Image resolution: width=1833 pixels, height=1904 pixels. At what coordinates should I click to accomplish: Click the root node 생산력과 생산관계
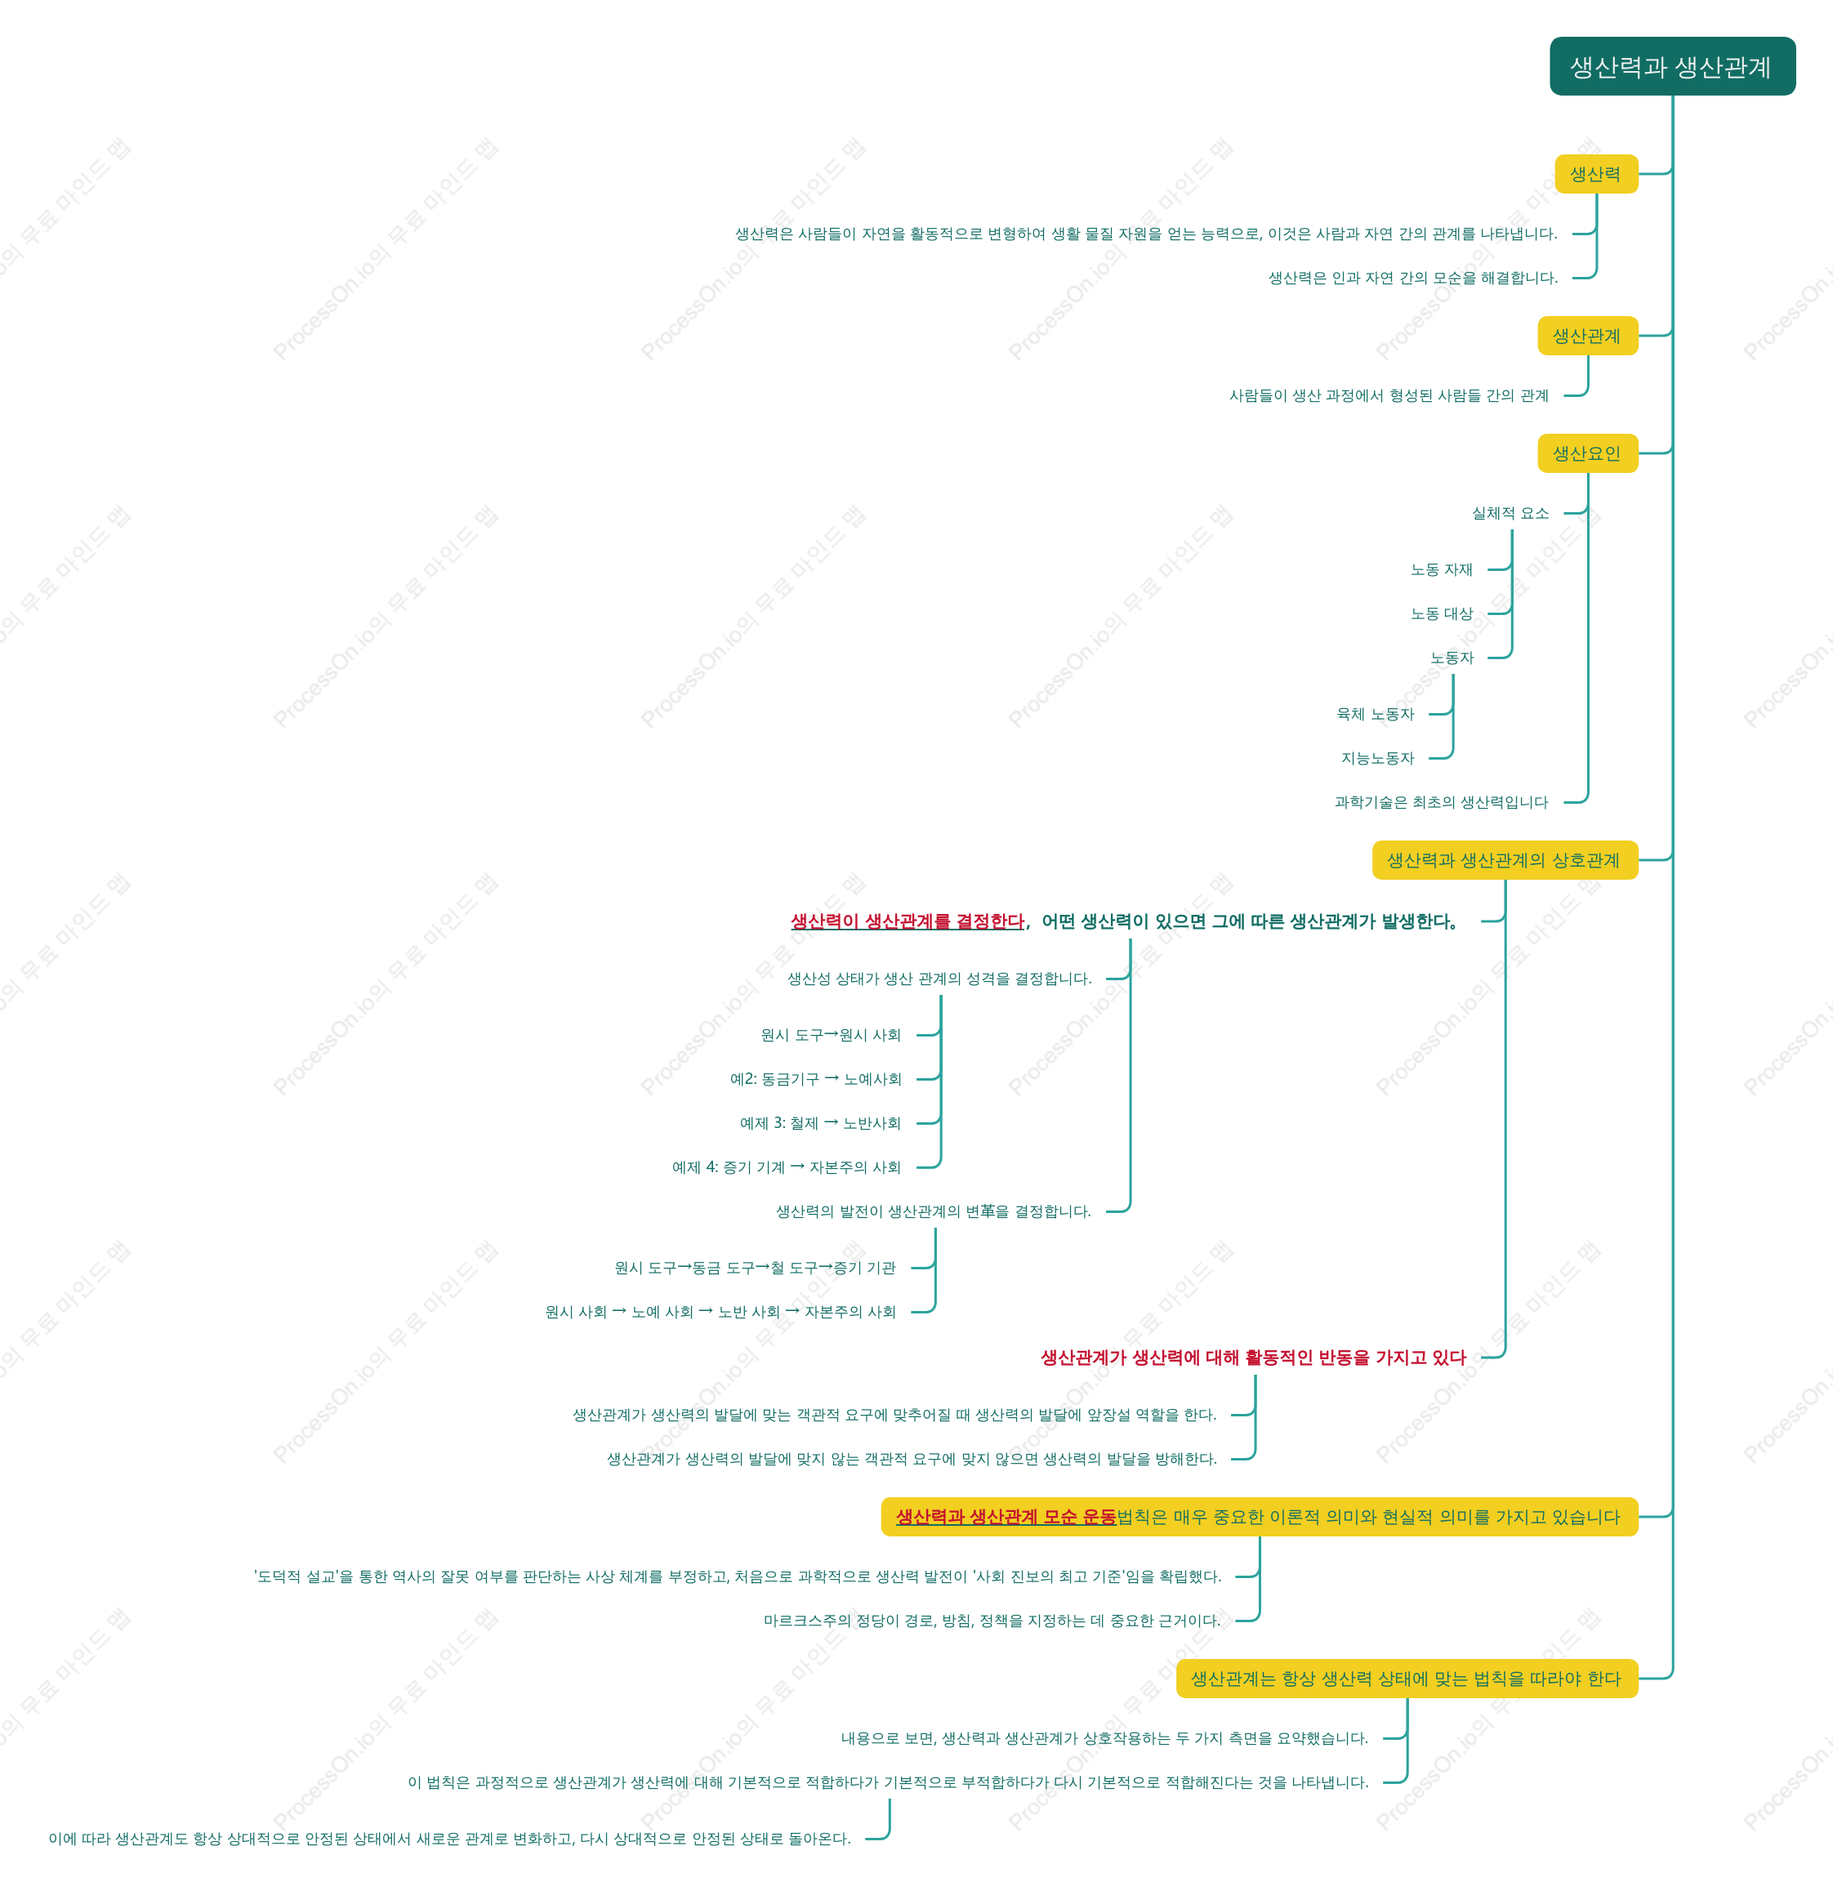coord(1672,66)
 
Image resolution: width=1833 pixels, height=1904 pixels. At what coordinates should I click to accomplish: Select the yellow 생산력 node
coord(1596,174)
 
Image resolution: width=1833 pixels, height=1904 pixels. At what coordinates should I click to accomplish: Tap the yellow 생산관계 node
coord(1587,336)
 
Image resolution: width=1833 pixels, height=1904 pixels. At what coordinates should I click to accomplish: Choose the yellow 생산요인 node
coord(1587,453)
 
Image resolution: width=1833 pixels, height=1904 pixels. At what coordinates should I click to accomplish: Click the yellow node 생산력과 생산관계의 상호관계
coord(1505,860)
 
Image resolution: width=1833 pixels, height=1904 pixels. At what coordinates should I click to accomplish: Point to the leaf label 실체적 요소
coord(1510,513)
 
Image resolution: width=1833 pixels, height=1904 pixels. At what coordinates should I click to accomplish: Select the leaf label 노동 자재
coord(1442,569)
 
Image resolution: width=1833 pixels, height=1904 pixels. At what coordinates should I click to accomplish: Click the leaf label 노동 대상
coord(1442,613)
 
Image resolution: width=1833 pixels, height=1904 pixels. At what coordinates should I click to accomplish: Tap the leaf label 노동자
coord(1452,658)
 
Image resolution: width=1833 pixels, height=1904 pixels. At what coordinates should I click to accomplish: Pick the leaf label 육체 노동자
coord(1376,714)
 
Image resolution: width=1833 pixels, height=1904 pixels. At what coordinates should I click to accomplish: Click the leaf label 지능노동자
coord(1377,758)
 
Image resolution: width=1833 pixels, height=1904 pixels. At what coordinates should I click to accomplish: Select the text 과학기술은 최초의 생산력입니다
coord(1442,801)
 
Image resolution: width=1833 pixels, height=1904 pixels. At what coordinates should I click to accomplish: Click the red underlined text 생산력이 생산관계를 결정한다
coord(908,921)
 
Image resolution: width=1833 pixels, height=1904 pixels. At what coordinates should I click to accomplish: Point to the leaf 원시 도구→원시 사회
coord(832,1035)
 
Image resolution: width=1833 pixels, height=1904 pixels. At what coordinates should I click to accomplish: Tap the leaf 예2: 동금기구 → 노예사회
coord(816,1078)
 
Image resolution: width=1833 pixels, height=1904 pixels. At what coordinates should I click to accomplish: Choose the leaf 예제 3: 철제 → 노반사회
coord(821,1123)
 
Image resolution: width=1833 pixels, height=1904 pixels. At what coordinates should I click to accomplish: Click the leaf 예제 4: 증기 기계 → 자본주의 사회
coord(787,1166)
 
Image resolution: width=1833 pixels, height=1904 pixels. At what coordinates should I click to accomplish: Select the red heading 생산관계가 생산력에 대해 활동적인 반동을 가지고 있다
coord(1253,1357)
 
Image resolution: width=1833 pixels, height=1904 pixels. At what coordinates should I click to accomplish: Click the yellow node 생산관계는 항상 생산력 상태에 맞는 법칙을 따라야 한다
coord(1407,1679)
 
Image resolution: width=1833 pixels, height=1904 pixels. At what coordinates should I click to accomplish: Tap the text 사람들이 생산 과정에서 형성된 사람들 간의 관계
coord(1389,395)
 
